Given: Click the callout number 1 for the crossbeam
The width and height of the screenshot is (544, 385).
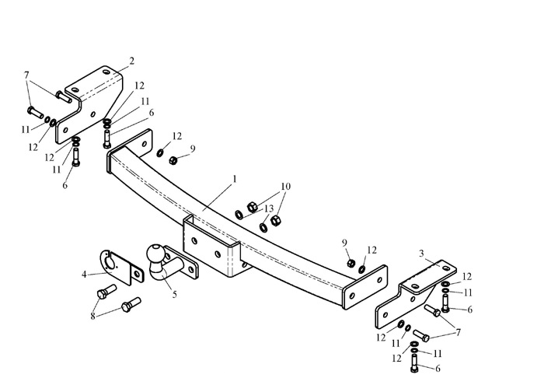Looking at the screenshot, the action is pyautogui.click(x=235, y=179).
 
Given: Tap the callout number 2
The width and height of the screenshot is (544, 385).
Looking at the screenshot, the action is pyautogui.click(x=131, y=61).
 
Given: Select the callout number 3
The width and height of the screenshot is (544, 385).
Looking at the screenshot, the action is pyautogui.click(x=421, y=254).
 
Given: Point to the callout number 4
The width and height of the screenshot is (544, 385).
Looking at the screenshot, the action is pyautogui.click(x=84, y=275).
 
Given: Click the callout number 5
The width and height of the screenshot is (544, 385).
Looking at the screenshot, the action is pyautogui.click(x=175, y=295).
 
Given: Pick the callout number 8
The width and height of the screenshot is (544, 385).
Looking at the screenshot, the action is pyautogui.click(x=92, y=317).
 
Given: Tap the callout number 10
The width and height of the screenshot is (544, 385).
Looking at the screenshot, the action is pyautogui.click(x=285, y=187).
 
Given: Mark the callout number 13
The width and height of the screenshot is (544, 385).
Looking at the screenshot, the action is pyautogui.click(x=269, y=208).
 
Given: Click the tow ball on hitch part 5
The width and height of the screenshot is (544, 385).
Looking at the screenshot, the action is pyautogui.click(x=155, y=253).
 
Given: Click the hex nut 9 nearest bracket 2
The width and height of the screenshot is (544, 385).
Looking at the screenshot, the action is pyautogui.click(x=173, y=160).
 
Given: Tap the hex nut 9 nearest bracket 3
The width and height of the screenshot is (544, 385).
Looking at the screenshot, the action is pyautogui.click(x=350, y=263).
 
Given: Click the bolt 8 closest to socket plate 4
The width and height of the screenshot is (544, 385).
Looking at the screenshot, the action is pyautogui.click(x=106, y=291).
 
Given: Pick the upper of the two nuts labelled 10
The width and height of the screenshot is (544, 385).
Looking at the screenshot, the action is pyautogui.click(x=252, y=207).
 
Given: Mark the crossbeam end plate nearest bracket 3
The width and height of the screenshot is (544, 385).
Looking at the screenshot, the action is pyautogui.click(x=365, y=288).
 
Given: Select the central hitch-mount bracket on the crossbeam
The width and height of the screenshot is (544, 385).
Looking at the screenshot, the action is pyautogui.click(x=211, y=248).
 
